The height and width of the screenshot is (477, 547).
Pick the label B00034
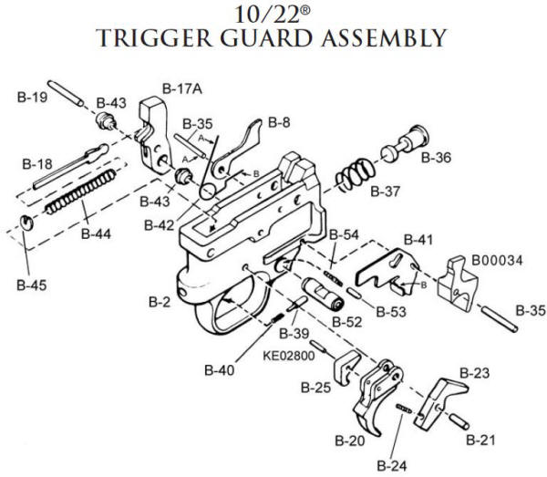tap(497, 260)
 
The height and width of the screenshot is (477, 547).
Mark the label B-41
tap(417, 239)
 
